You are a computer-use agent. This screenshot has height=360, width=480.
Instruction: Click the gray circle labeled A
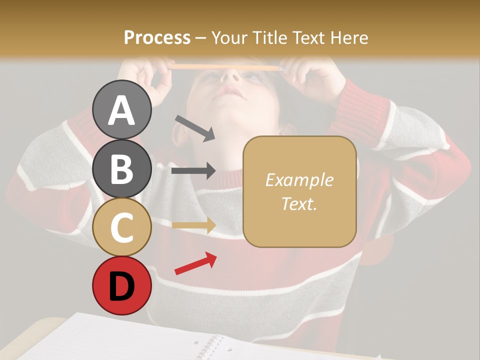tap(121, 109)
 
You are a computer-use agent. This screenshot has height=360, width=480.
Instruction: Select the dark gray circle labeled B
tap(121, 168)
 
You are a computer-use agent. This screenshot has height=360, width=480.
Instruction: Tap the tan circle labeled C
tap(121, 227)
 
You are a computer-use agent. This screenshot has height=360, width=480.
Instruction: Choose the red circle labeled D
tap(121, 285)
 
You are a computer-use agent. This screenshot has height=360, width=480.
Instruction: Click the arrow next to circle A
tap(195, 128)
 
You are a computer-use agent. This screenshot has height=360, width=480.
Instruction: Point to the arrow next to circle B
tap(193, 171)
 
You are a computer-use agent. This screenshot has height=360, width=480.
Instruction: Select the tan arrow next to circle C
tap(193, 225)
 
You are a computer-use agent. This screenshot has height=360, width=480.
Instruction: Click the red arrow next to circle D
tap(195, 263)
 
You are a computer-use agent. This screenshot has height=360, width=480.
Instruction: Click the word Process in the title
tap(157, 38)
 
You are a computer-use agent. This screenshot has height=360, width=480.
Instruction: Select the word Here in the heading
tap(349, 38)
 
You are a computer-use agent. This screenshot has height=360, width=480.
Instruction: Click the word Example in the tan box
tap(299, 180)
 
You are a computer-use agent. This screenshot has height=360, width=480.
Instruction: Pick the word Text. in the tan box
tap(299, 203)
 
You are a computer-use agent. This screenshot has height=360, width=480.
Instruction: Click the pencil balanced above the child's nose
tap(225, 66)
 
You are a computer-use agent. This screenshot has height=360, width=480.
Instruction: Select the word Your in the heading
tap(230, 38)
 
